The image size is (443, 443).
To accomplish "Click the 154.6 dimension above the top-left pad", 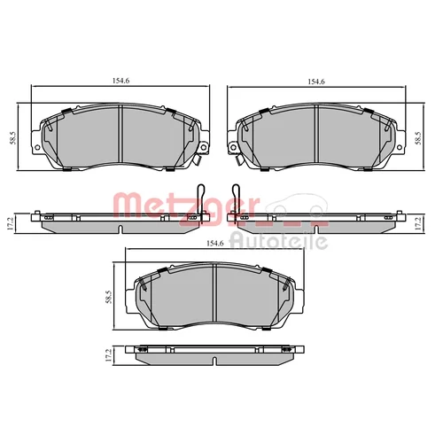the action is (120, 81).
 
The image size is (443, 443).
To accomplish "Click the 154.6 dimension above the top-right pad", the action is (316, 82).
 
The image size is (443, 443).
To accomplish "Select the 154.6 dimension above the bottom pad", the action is (215, 244).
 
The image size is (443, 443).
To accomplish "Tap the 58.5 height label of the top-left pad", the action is (13, 137).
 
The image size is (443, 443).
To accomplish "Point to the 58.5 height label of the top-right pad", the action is (418, 137).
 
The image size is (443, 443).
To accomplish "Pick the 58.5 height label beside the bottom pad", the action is (108, 297).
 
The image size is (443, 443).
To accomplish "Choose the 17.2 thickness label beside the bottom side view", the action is (108, 355).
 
